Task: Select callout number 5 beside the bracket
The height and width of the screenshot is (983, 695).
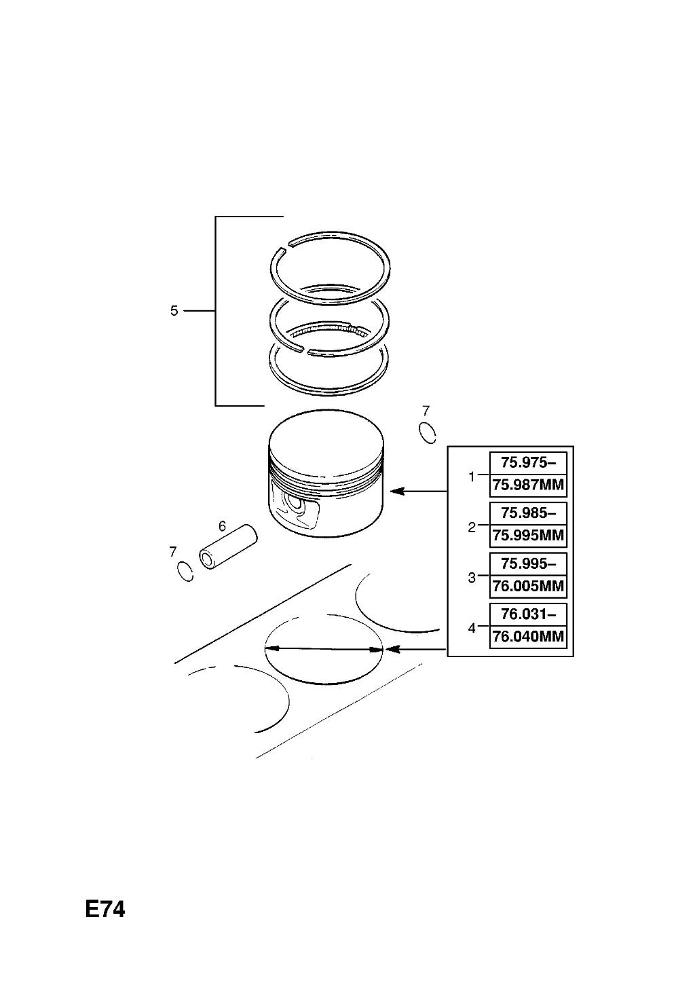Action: click(x=174, y=311)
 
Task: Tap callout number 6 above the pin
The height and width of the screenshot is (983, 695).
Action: click(x=222, y=525)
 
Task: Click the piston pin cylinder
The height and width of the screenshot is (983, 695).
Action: click(x=229, y=547)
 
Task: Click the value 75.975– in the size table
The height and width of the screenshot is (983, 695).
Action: click(x=528, y=462)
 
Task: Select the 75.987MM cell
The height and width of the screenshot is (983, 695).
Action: click(x=528, y=485)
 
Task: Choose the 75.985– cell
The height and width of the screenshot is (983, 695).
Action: click(x=528, y=513)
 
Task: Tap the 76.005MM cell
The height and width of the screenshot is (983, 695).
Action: click(x=528, y=586)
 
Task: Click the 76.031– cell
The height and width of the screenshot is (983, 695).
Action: click(x=528, y=614)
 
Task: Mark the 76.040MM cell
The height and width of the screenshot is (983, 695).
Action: click(x=528, y=636)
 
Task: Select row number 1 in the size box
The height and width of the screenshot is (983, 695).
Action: click(x=472, y=477)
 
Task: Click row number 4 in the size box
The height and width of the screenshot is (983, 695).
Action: click(x=472, y=629)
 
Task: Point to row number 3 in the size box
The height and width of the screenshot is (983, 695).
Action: click(x=472, y=578)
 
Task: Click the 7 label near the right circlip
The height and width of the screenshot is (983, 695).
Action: click(x=426, y=411)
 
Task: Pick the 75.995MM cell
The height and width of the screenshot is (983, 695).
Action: click(x=528, y=536)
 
